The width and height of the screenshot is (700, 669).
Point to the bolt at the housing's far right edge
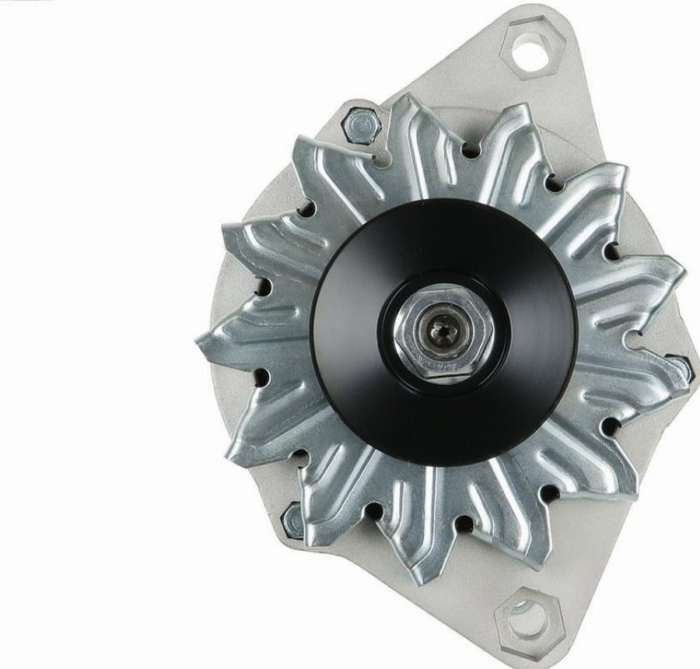click(681, 366)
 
